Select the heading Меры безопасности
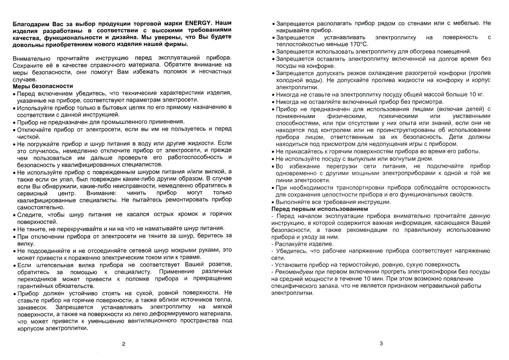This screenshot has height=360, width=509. click(x=43, y=86)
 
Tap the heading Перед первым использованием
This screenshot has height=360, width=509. click(x=319, y=209)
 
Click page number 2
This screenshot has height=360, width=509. click(x=124, y=344)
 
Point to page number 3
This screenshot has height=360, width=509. click(x=381, y=343)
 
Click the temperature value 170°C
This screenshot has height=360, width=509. click(x=358, y=44)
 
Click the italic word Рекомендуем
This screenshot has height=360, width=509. click(x=294, y=272)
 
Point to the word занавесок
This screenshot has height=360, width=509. click(x=32, y=307)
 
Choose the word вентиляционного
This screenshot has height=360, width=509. click(x=152, y=321)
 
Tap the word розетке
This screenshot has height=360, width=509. click(x=220, y=265)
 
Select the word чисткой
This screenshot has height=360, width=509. click(x=28, y=137)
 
